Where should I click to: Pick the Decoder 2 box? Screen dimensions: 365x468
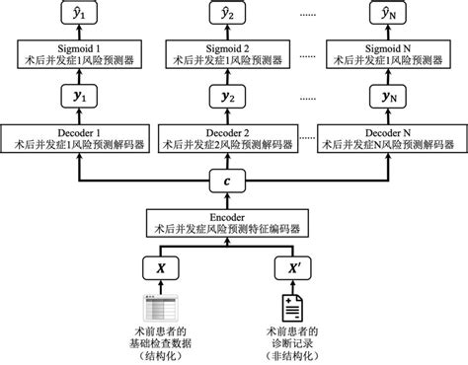pyautogui.click(x=234, y=138)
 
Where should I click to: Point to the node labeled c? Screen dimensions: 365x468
pyautogui.click(x=234, y=182)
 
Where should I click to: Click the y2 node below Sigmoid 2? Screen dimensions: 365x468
pyautogui.click(x=234, y=96)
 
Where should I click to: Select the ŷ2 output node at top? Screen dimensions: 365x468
pyautogui.click(x=234, y=12)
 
